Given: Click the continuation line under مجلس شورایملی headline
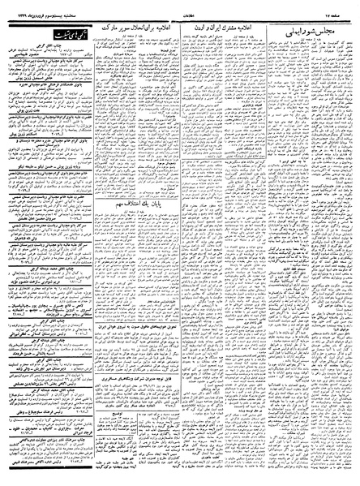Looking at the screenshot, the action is point(319,41).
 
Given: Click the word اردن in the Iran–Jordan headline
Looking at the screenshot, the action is point(215,28).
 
